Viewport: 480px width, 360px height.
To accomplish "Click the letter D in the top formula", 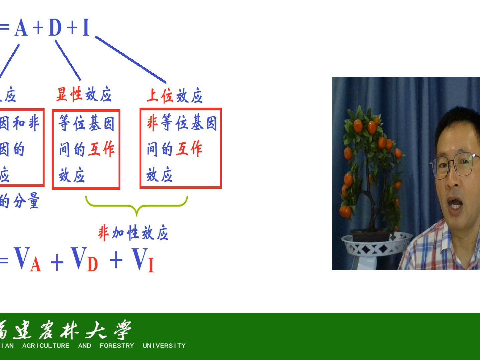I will point(55,27).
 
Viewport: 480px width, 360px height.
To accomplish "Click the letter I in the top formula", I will point(86,27).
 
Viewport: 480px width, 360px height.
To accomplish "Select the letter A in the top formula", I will point(21,27).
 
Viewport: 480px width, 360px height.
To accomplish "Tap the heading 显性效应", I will point(84,95).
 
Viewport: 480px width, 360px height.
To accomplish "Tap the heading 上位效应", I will point(175,96).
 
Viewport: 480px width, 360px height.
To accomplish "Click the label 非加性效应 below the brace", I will point(133,233).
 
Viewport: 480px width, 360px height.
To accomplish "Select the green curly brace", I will point(137,205).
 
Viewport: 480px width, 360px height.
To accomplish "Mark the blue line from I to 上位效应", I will point(131,60).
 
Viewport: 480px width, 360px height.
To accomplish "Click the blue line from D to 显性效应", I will point(68,60).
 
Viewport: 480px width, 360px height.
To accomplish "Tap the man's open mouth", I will point(455,204).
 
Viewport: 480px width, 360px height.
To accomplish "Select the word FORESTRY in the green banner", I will point(117,346).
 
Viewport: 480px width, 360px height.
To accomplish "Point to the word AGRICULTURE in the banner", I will point(46,346).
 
